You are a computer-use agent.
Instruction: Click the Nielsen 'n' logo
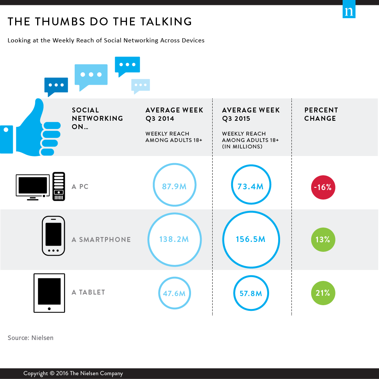(x=349, y=9)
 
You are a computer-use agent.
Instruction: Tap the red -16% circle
(x=323, y=187)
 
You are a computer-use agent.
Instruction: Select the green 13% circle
(x=323, y=240)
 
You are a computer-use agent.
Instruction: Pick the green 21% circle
(x=323, y=293)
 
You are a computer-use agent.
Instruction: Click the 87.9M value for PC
(x=174, y=186)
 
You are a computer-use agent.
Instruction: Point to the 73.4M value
(x=251, y=186)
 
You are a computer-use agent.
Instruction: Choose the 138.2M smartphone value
(x=174, y=239)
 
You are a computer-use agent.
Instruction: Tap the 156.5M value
(x=251, y=239)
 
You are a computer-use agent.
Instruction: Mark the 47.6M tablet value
(x=174, y=293)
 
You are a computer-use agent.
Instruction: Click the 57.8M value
(x=251, y=293)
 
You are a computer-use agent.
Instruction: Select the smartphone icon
(x=53, y=236)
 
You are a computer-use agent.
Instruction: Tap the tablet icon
(x=49, y=293)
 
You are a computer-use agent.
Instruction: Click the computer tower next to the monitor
(x=59, y=186)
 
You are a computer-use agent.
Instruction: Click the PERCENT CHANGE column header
(x=321, y=114)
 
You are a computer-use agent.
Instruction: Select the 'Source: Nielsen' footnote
(x=30, y=338)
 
